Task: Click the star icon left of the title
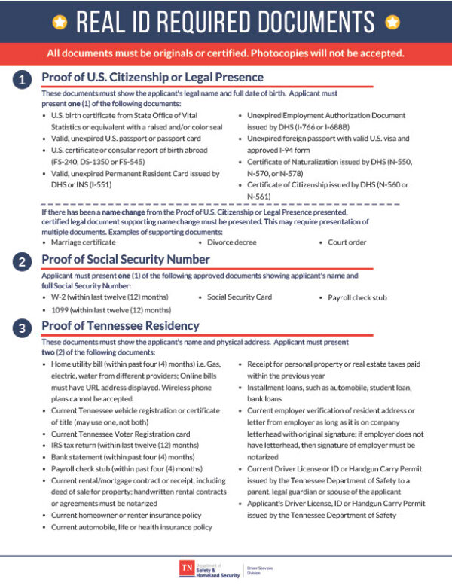60,23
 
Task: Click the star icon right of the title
392,23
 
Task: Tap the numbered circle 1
23,79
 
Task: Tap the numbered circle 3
23,328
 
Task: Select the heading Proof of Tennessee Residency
121,326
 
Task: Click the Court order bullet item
347,243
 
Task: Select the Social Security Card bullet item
240,297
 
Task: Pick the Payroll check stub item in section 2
358,298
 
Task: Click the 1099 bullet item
110,310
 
